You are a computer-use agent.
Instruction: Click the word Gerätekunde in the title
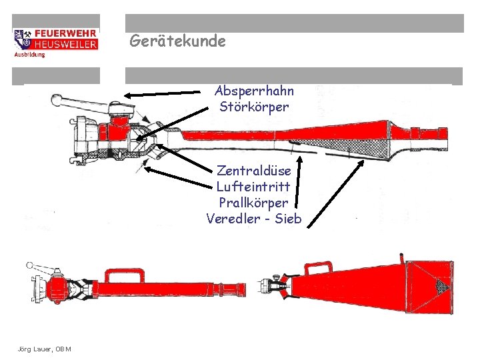(177, 41)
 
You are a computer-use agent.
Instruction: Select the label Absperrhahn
(254, 91)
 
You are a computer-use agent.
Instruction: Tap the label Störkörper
(254, 107)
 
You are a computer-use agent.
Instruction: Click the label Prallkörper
(253, 202)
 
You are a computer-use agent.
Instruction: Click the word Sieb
(288, 219)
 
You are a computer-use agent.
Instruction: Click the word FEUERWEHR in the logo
(65, 33)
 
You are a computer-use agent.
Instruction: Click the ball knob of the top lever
(55, 101)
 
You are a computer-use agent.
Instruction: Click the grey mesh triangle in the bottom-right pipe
(441, 287)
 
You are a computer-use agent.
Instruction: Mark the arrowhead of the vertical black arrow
(299, 159)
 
